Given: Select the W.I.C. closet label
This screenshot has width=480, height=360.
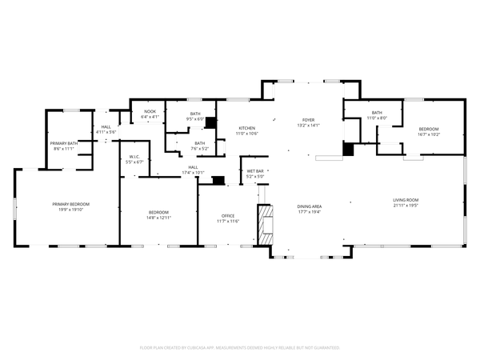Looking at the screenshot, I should pyautogui.click(x=134, y=158).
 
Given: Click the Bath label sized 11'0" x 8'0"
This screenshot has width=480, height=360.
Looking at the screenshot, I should pyautogui.click(x=377, y=115).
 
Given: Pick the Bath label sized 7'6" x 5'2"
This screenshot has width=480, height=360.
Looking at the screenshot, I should pyautogui.click(x=199, y=146).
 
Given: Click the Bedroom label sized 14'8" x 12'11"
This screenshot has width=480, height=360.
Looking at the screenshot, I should pyautogui.click(x=159, y=214).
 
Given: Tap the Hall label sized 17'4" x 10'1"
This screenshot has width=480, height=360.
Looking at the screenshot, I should pyautogui.click(x=193, y=170).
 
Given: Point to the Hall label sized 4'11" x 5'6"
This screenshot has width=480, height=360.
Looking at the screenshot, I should pyautogui.click(x=106, y=130).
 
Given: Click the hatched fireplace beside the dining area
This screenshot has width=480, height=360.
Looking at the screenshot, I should pyautogui.click(x=263, y=226).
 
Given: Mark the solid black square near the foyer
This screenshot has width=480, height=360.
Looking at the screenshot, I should pyautogui.click(x=348, y=149).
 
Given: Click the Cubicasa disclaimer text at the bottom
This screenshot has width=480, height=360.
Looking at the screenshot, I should pyautogui.click(x=240, y=348).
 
